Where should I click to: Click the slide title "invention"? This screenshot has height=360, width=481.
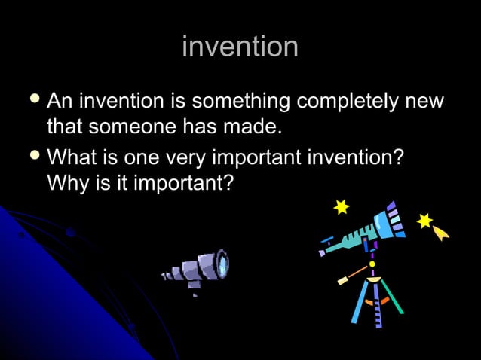click(x=240, y=47)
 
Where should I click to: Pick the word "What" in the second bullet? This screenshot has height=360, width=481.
click(x=72, y=159)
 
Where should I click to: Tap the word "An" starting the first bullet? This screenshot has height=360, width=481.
click(x=60, y=102)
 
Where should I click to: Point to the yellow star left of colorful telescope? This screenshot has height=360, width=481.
click(x=342, y=206)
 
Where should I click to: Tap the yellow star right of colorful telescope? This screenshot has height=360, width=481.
click(x=425, y=221)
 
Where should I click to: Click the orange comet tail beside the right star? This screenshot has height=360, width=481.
click(x=441, y=233)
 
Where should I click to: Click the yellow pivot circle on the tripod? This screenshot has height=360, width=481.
click(x=372, y=264)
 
